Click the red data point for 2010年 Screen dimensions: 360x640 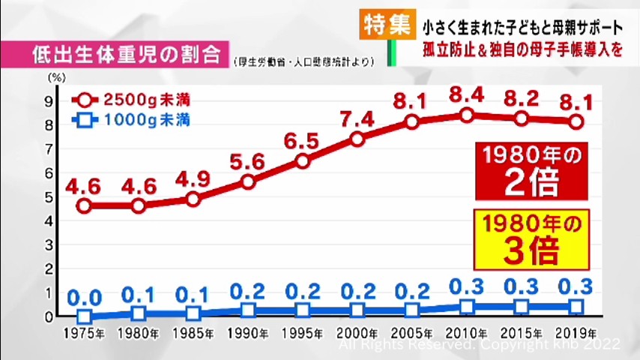click(467, 115)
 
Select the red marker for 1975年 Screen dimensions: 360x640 click(84, 205)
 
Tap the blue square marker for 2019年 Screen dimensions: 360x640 click(576, 306)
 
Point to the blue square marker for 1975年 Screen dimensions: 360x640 click(84, 317)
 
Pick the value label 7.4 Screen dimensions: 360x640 click(357, 118)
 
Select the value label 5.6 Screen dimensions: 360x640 click(248, 161)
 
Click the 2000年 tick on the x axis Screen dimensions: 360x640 click(357, 333)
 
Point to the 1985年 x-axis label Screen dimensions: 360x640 click(193, 333)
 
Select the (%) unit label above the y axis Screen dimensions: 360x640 click(55, 76)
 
